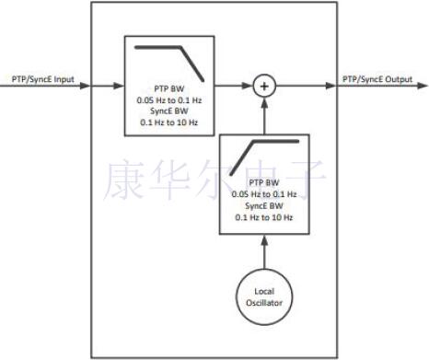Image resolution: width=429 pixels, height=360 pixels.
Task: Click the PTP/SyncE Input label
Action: pos(43,78)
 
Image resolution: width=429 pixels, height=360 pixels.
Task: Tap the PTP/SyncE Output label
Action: pos(377,78)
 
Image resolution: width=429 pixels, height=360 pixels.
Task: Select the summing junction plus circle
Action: pos(265,87)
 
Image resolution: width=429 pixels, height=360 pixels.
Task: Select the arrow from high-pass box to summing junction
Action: pos(265,117)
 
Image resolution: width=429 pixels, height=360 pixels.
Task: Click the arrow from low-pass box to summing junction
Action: pos(234,87)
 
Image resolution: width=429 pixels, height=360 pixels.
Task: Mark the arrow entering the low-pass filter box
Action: pos(106,87)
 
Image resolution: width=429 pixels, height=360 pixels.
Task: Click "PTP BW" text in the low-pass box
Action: pos(169,88)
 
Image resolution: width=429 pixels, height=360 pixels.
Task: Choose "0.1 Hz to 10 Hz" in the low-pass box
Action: pos(169,120)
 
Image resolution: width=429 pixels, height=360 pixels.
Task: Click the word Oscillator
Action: pos(265,303)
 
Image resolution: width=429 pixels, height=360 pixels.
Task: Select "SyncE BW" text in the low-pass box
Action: pos(169,110)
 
